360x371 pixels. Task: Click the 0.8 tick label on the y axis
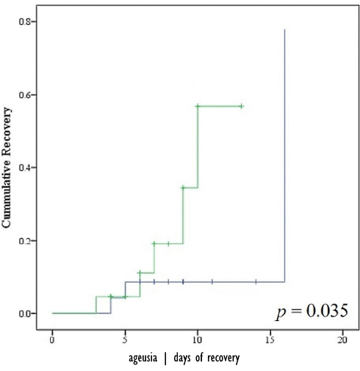[x=24, y=21]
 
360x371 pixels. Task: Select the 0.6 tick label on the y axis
[x=24, y=95]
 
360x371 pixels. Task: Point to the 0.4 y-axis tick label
[x=24, y=168]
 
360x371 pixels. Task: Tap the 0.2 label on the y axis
[x=24, y=240]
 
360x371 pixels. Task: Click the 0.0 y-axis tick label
[x=24, y=313]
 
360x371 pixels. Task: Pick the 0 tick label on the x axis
[x=52, y=340]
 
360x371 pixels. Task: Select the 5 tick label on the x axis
[x=125, y=340]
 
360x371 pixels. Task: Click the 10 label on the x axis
[x=198, y=340]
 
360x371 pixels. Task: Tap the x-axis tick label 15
[x=270, y=340]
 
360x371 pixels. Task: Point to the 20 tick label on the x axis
[x=342, y=340]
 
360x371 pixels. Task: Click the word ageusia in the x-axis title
[x=143, y=359]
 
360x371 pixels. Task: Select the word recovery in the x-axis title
[x=223, y=359]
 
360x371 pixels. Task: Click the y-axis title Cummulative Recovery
[x=7, y=168]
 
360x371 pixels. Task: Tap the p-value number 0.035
[x=327, y=311]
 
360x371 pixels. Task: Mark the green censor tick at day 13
[x=242, y=107]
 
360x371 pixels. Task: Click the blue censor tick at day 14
[x=256, y=282]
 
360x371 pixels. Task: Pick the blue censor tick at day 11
[x=212, y=282]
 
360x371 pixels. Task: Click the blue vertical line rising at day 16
[x=284, y=156]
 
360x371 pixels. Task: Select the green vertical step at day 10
[x=198, y=147]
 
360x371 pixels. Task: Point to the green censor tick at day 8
[x=168, y=244]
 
